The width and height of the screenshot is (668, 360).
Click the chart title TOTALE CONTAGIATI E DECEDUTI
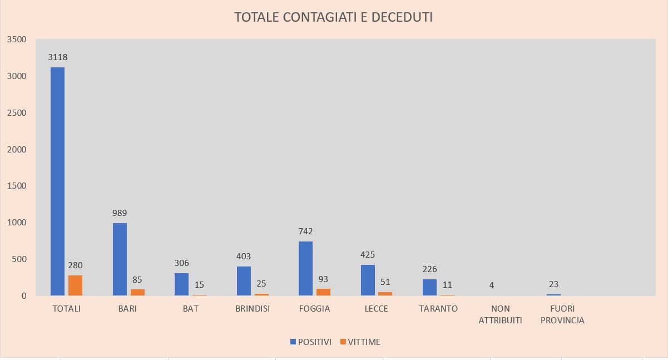click(333, 17)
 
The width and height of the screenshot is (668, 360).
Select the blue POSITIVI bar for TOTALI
click(57, 181)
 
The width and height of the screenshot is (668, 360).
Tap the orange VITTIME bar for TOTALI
click(75, 285)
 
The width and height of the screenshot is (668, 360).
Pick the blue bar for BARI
click(120, 259)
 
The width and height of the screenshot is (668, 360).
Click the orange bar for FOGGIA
click(323, 292)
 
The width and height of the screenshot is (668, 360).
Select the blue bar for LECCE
click(368, 280)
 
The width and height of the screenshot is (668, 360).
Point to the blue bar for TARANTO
click(429, 288)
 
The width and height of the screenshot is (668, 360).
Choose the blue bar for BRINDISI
click(244, 281)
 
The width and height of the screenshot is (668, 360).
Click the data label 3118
click(57, 57)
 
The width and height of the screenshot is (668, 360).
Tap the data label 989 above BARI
click(120, 213)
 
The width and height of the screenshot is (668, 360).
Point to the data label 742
click(305, 231)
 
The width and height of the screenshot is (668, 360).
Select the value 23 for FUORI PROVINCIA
click(553, 284)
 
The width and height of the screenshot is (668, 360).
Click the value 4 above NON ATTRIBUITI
click(492, 285)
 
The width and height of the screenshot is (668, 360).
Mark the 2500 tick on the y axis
click(17, 113)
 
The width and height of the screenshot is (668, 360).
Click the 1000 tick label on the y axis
click(17, 223)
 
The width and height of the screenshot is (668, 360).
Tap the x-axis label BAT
click(191, 308)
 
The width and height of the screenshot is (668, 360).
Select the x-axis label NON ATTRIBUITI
click(501, 314)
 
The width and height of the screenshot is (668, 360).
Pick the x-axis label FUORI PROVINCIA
click(562, 314)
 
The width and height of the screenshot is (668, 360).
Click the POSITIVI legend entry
click(311, 342)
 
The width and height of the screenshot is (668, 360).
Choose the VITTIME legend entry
click(360, 342)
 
